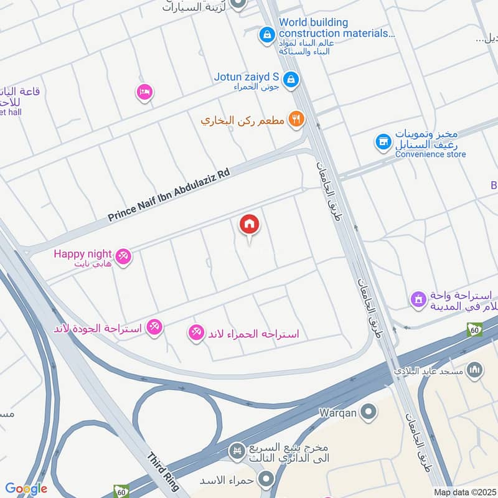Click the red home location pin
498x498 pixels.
(x=250, y=225)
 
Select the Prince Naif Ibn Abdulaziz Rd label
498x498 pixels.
(x=169, y=194)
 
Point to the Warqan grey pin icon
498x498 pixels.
(x=369, y=411)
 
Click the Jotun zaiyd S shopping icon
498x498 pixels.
(x=290, y=79)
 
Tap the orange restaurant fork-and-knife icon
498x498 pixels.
(x=296, y=119)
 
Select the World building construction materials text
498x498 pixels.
(x=336, y=28)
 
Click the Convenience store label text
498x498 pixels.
(x=430, y=154)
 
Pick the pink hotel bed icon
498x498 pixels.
(x=144, y=92)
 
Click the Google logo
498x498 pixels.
(x=26, y=489)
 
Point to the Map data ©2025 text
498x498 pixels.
(x=464, y=492)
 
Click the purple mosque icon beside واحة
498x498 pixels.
(x=418, y=300)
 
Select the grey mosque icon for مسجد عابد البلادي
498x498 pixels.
(x=475, y=370)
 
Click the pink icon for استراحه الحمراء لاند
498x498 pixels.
(x=196, y=333)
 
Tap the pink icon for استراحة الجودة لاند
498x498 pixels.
(x=154, y=326)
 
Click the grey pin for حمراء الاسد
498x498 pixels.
(x=266, y=479)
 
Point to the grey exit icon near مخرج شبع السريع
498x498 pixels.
(x=236, y=450)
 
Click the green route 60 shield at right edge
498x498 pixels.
(x=474, y=330)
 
